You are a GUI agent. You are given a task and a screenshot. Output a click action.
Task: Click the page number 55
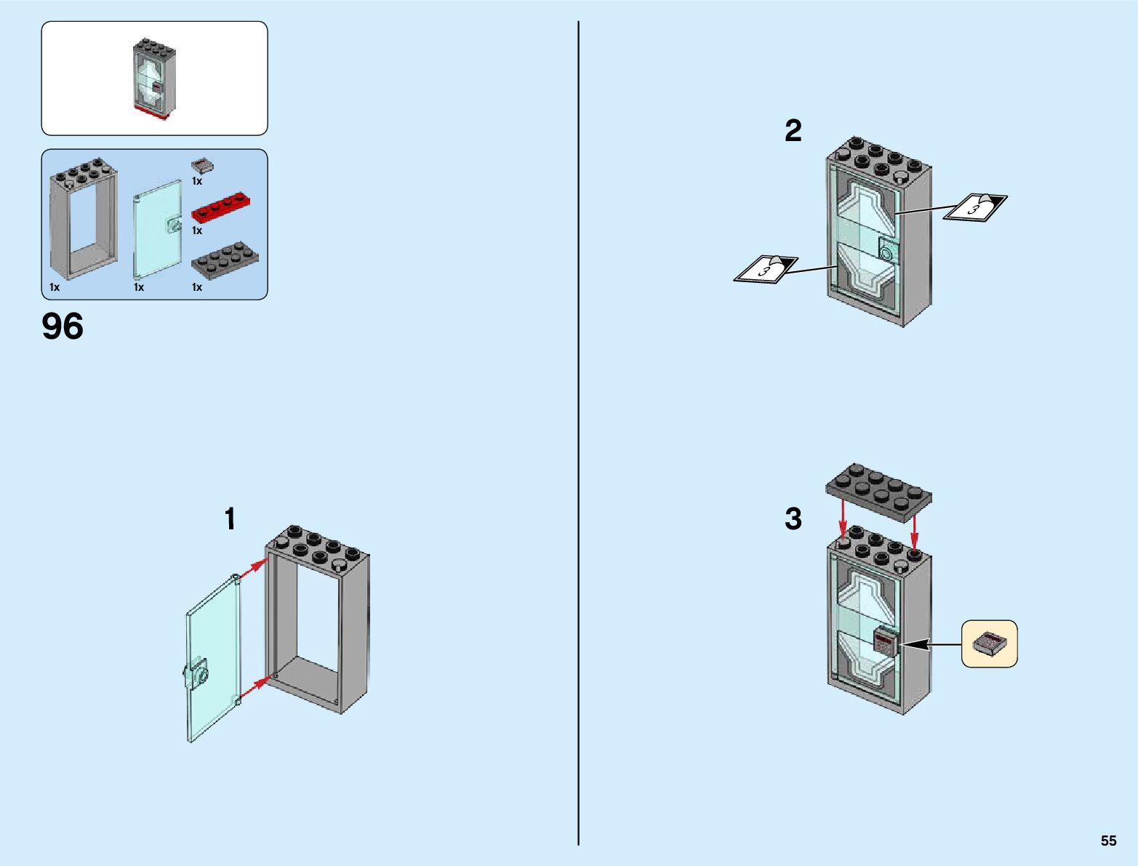[x=1108, y=841]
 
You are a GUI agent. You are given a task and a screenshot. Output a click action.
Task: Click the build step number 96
[x=63, y=326]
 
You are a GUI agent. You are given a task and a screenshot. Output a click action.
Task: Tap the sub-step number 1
[x=230, y=519]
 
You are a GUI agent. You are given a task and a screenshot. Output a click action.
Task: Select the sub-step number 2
[x=793, y=131]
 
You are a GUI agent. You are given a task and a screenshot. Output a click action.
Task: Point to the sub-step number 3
[x=793, y=519]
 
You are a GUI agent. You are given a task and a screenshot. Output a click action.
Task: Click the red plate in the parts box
[x=225, y=207]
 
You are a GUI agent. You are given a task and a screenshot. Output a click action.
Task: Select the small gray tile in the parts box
[x=202, y=166]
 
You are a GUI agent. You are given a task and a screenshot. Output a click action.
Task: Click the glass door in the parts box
[x=158, y=228]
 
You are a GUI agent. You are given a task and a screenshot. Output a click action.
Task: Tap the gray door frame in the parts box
[x=83, y=222]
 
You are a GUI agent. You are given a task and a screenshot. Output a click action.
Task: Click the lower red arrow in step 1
[x=255, y=687]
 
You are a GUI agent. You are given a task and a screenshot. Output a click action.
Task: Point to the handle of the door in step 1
[x=196, y=673]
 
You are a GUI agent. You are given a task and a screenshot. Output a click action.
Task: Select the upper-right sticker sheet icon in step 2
[x=975, y=207]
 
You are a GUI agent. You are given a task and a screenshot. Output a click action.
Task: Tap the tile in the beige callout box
[x=990, y=644]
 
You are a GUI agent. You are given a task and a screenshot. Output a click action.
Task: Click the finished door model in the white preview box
[x=154, y=79]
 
